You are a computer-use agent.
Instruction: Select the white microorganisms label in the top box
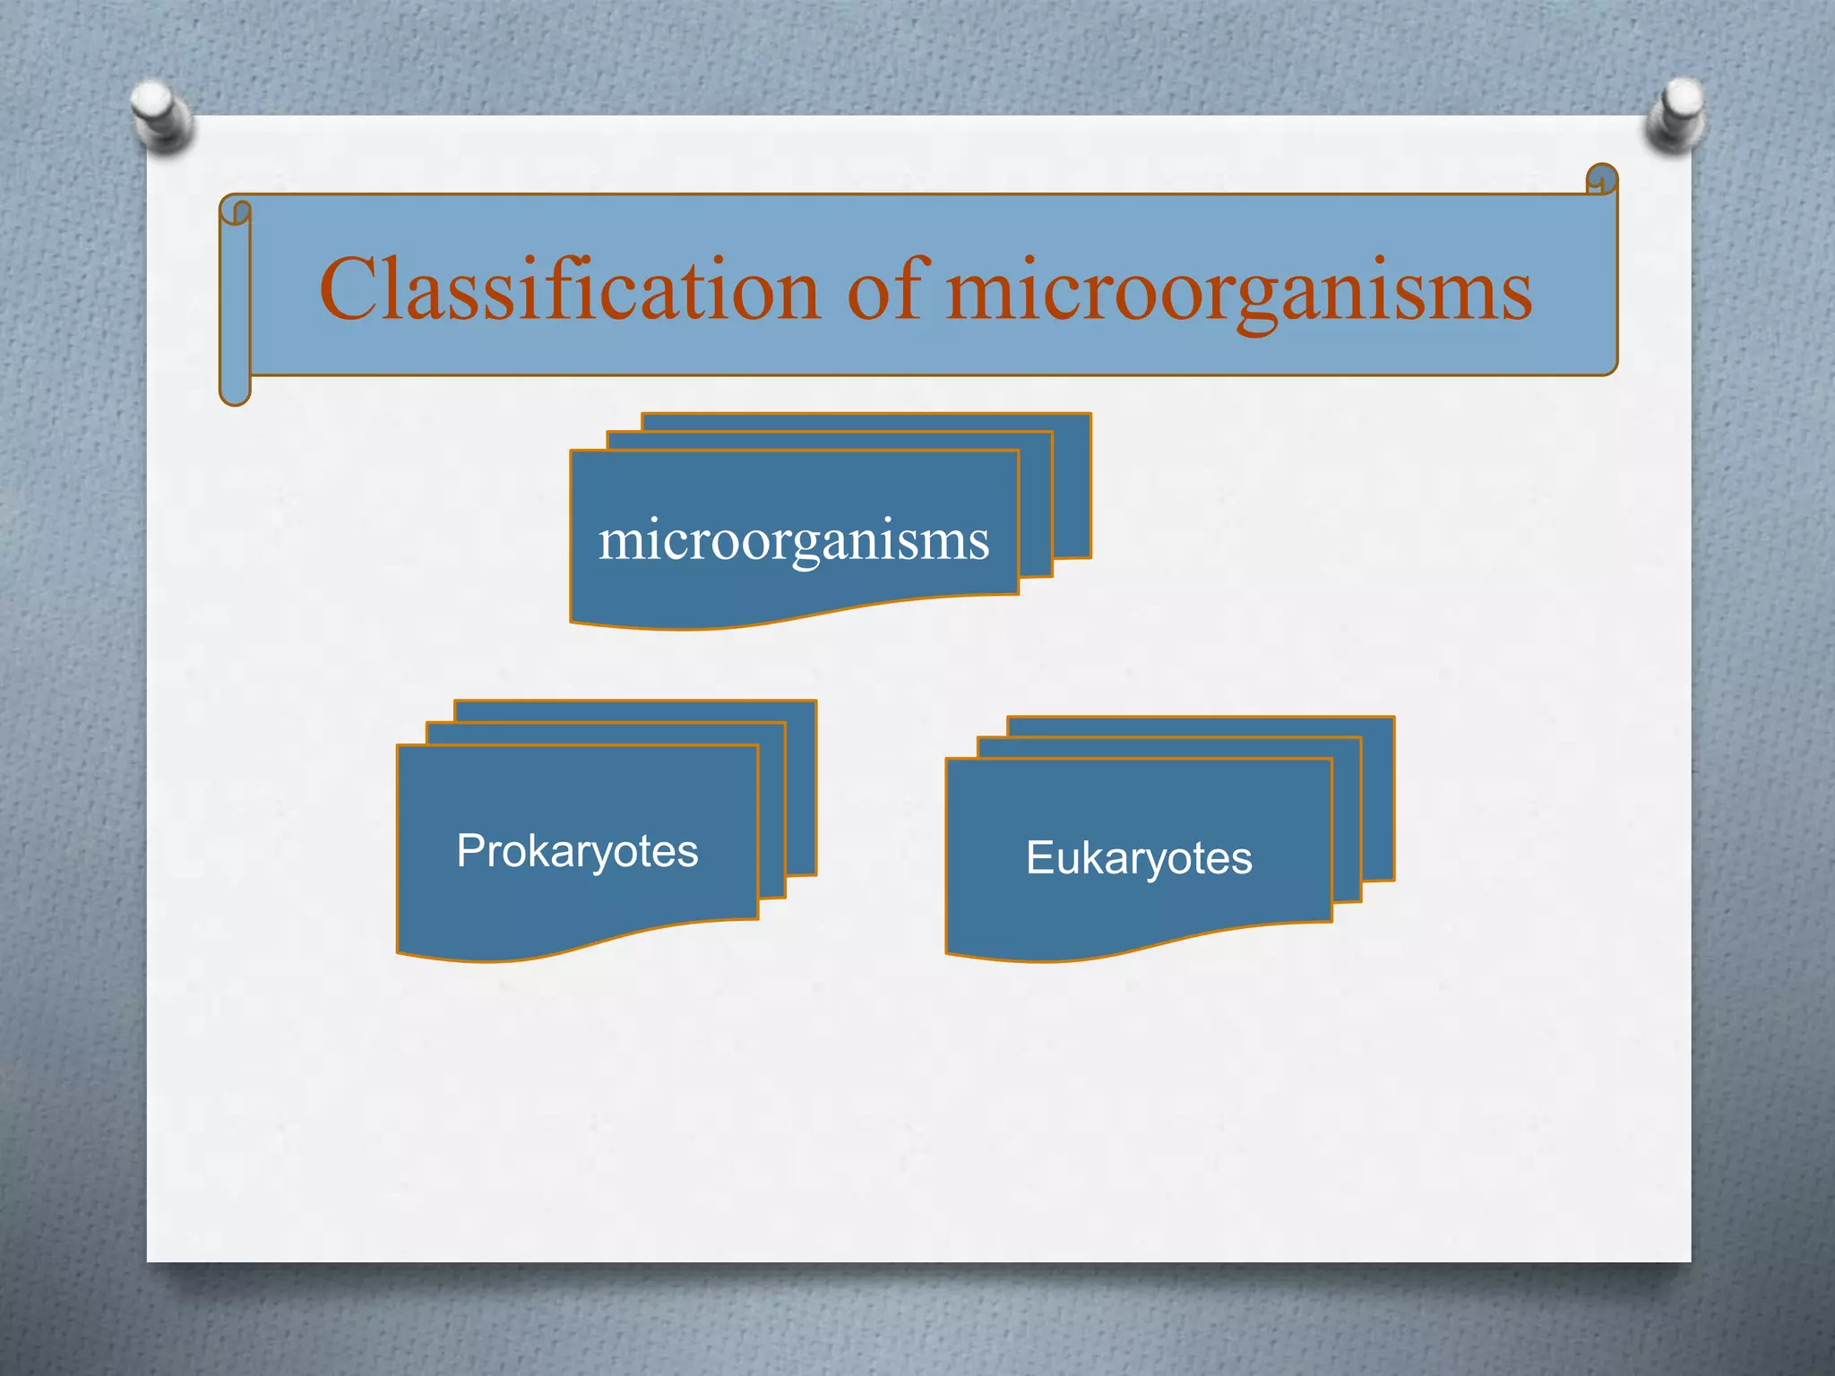794,541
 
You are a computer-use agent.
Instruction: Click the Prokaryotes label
577,851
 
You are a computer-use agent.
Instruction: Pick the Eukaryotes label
1139,858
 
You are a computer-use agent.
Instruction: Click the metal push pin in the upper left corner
162,115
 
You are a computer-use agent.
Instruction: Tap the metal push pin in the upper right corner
1675,115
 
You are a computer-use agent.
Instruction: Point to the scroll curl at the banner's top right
1601,179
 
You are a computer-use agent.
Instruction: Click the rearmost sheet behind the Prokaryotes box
801,788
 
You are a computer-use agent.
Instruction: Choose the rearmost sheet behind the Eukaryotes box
1378,797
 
